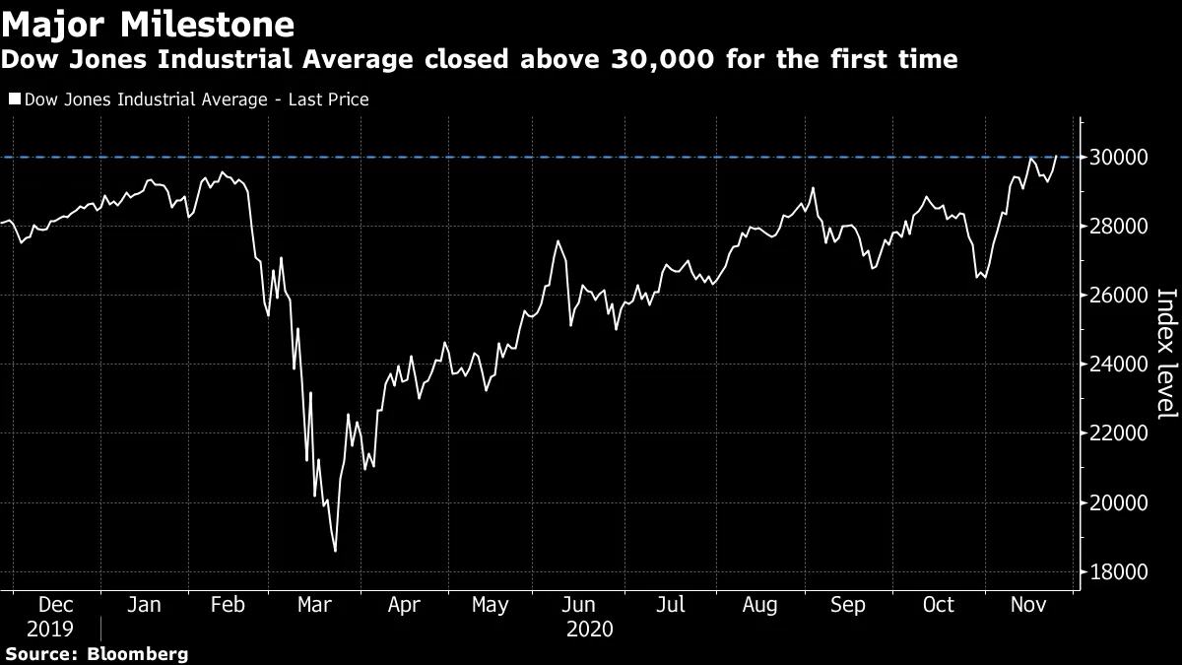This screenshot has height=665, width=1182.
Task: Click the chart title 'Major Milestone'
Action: (147, 23)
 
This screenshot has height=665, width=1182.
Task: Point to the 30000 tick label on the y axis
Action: (1116, 158)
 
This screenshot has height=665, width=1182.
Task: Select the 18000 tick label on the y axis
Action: (1116, 572)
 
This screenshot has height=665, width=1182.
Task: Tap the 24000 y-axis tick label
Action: (1116, 365)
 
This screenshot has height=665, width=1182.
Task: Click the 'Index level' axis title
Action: (1164, 366)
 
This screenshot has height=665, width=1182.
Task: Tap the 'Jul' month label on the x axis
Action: (670, 604)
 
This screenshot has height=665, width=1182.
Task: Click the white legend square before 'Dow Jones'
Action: (14, 100)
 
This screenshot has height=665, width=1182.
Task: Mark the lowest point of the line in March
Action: (336, 551)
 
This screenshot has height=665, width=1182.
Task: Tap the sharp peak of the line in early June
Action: (558, 240)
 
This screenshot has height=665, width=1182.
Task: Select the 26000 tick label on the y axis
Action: (1116, 296)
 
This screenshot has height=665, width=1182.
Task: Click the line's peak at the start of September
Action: (813, 188)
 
